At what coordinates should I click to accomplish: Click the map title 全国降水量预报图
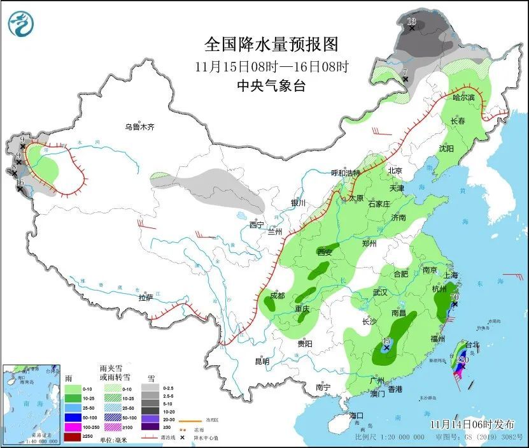pyautogui.click(x=271, y=44)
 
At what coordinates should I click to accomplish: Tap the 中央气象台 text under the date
pyautogui.click(x=271, y=85)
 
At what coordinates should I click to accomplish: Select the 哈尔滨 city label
pyautogui.click(x=463, y=98)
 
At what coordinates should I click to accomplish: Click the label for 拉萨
pyautogui.click(x=146, y=298)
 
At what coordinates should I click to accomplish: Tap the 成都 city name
pyautogui.click(x=277, y=295)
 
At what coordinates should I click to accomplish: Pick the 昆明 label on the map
pyautogui.click(x=262, y=361)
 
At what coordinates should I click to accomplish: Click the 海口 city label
pyautogui.click(x=357, y=415)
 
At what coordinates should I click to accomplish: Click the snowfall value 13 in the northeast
pyautogui.click(x=411, y=23)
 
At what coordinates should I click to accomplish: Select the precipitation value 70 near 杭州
pyautogui.click(x=454, y=297)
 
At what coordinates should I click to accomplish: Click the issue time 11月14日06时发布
pyautogui.click(x=469, y=423)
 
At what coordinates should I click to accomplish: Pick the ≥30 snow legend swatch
pyautogui.click(x=150, y=436)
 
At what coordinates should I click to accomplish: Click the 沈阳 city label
pyautogui.click(x=446, y=148)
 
